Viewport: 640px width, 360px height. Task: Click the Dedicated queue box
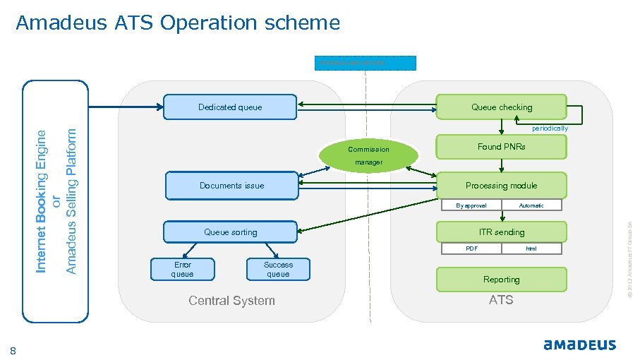point(230,107)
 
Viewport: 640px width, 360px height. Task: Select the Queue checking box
point(502,107)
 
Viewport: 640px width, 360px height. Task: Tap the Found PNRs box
point(502,147)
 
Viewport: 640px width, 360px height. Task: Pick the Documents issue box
point(231,186)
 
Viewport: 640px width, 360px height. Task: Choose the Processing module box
point(502,186)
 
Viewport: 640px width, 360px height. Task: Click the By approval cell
point(471,205)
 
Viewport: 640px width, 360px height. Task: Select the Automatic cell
point(531,205)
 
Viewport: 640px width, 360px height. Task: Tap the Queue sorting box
point(231,232)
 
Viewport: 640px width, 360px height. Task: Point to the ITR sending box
point(502,232)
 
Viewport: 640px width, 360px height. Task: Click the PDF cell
point(471,248)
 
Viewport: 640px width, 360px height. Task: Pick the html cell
point(531,248)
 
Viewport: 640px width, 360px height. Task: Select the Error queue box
point(183,269)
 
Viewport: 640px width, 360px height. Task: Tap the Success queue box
point(278,269)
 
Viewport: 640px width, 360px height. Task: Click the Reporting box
point(502,280)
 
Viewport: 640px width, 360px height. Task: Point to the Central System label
point(231,301)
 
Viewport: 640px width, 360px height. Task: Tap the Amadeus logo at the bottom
point(579,345)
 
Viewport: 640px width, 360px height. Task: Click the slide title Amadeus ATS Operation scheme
point(178,23)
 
